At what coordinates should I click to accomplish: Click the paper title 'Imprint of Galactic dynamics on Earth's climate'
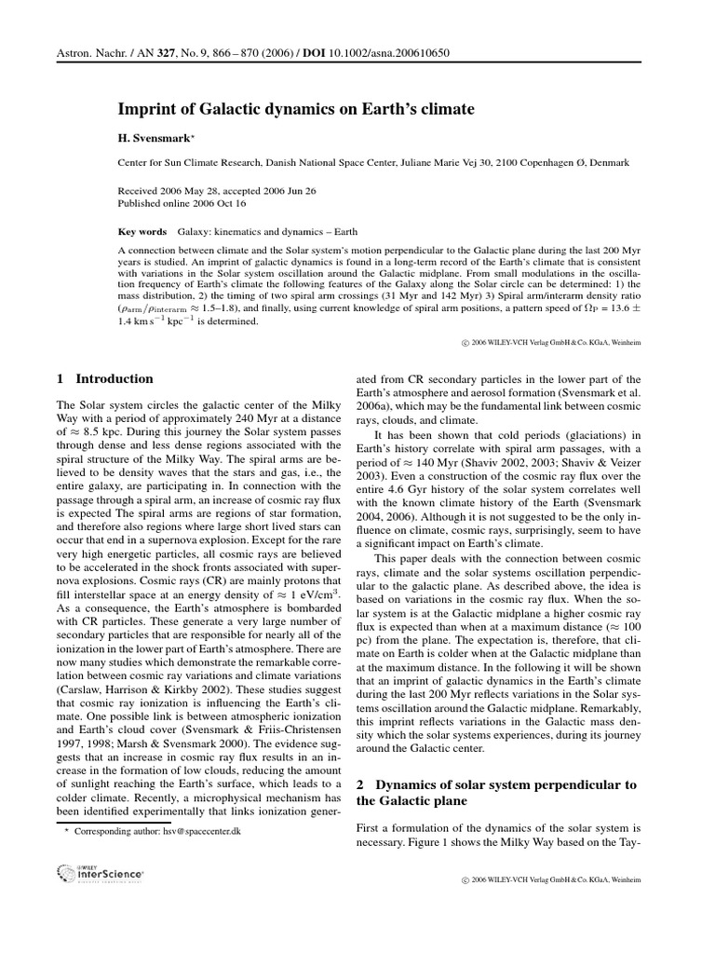point(295,110)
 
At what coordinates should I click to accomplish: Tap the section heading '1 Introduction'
point(105,379)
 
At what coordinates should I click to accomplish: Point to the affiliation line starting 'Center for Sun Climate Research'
point(372,162)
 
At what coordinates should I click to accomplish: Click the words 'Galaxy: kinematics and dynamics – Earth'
point(267,231)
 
